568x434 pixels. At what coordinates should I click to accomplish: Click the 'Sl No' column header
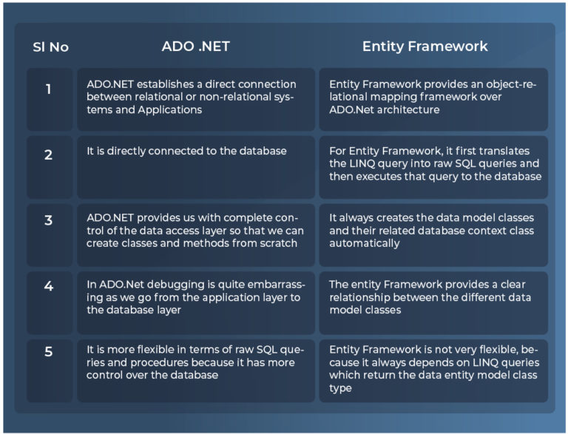tap(50, 47)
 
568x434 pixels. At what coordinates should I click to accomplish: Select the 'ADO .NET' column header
tap(196, 46)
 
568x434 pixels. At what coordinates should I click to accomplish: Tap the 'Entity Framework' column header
tap(425, 46)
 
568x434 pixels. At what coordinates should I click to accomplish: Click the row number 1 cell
tap(49, 89)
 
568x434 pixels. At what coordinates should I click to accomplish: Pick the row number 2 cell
tap(49, 155)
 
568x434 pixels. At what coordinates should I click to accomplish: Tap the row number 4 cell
tap(49, 286)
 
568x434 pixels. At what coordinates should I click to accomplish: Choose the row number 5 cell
tap(49, 352)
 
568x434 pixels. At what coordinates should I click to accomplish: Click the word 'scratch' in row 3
tap(279, 243)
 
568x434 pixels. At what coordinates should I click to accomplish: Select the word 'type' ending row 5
tap(341, 388)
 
